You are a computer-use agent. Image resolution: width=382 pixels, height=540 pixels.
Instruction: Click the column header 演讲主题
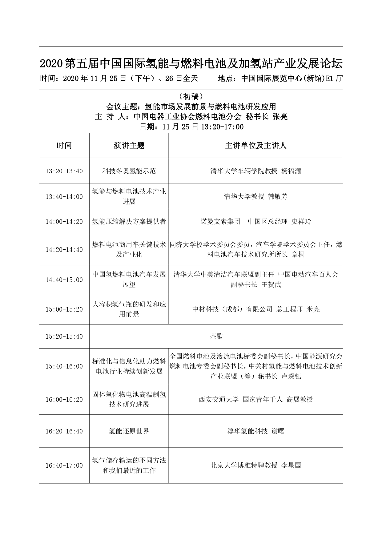tap(129, 146)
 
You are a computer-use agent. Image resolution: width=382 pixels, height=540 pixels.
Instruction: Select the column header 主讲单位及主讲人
tap(256, 146)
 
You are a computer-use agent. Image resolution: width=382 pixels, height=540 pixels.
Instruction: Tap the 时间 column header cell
tap(64, 146)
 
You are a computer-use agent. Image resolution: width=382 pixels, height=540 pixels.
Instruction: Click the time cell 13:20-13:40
tap(64, 171)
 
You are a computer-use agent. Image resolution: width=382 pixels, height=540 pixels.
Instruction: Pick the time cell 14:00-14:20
tap(64, 222)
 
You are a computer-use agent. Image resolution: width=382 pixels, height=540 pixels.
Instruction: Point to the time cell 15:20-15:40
tap(64, 336)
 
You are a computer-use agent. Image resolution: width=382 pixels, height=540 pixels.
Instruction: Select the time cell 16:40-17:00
tap(64, 465)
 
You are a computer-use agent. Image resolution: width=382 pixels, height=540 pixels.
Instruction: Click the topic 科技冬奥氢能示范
tap(129, 171)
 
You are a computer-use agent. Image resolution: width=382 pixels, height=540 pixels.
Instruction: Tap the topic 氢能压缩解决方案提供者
tap(129, 222)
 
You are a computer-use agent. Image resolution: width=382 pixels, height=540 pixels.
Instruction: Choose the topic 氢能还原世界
tap(129, 431)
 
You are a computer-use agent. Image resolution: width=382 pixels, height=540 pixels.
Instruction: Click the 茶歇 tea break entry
tap(216, 336)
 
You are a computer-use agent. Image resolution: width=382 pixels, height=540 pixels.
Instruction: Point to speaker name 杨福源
tap(291, 171)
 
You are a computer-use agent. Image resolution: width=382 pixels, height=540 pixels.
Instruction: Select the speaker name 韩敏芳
tap(278, 197)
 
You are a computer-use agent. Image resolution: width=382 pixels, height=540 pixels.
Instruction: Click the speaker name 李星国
tap(291, 465)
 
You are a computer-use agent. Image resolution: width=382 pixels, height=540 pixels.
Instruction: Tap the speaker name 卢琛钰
tap(291, 376)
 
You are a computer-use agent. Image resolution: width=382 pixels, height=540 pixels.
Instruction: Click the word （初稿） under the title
tap(191, 97)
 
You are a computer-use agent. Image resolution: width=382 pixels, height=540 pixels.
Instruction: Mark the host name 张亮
tap(280, 117)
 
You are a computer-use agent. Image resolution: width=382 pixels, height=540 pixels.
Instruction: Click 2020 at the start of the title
tap(51, 64)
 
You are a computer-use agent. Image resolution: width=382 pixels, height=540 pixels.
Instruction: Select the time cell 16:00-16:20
tap(64, 400)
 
